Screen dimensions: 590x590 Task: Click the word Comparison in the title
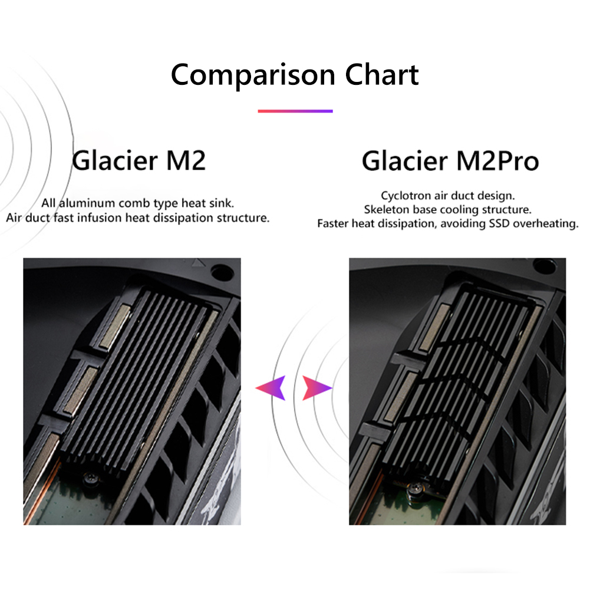tap(253, 75)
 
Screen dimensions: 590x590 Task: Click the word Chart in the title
tap(382, 74)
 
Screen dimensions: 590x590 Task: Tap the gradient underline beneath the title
tap(295, 111)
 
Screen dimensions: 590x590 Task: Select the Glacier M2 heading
tap(139, 161)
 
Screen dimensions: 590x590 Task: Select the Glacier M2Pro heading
tap(450, 161)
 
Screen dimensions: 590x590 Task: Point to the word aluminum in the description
tap(87, 203)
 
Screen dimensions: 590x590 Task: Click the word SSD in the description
tap(499, 223)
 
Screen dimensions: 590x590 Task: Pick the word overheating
tap(546, 224)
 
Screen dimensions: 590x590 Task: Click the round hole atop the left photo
tap(222, 272)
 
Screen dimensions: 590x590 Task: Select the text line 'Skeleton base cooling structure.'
tap(447, 209)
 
